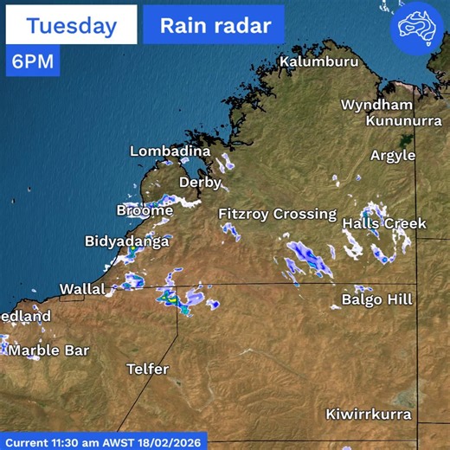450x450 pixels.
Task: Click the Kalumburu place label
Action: click(x=318, y=62)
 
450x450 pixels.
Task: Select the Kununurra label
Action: click(x=403, y=120)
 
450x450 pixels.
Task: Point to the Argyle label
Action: click(x=393, y=156)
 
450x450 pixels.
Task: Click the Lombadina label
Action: click(x=170, y=151)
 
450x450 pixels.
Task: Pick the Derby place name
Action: click(x=200, y=183)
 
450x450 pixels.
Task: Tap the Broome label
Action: click(x=145, y=210)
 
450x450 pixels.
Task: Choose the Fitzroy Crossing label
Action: click(x=277, y=213)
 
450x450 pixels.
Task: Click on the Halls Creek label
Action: click(x=384, y=223)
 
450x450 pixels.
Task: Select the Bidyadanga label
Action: click(x=126, y=241)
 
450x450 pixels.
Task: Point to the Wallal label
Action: click(x=82, y=288)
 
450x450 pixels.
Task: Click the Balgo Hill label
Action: click(x=377, y=299)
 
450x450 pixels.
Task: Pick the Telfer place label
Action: click(x=147, y=369)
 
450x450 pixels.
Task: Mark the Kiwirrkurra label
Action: click(x=368, y=415)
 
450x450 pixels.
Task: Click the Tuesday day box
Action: click(x=71, y=25)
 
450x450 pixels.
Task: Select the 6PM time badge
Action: click(x=32, y=61)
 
